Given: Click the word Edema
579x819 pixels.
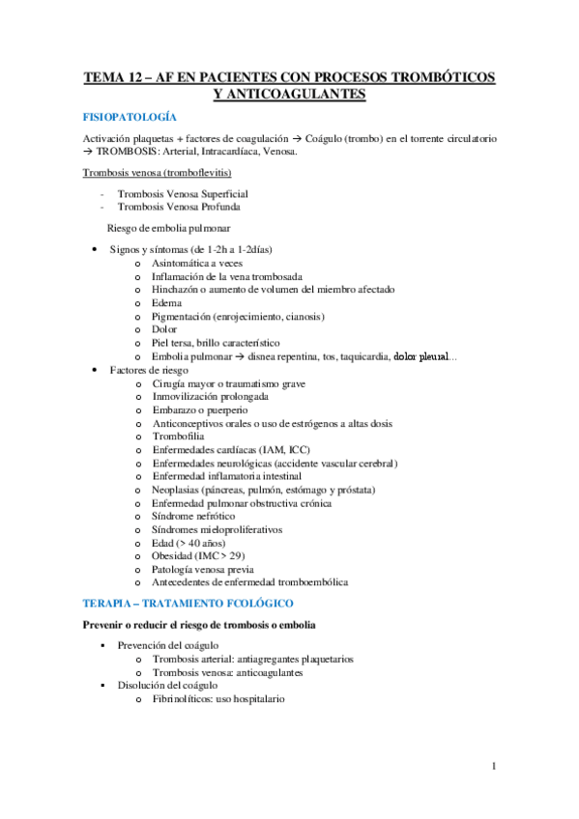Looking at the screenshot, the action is coord(166,302).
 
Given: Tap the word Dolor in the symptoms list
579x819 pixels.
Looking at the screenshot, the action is coord(165,329).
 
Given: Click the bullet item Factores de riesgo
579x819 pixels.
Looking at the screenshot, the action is coord(148,370).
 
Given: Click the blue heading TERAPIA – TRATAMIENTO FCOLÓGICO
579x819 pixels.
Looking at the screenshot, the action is coord(194,603).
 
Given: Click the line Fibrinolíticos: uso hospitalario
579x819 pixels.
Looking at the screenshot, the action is coord(217,698).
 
